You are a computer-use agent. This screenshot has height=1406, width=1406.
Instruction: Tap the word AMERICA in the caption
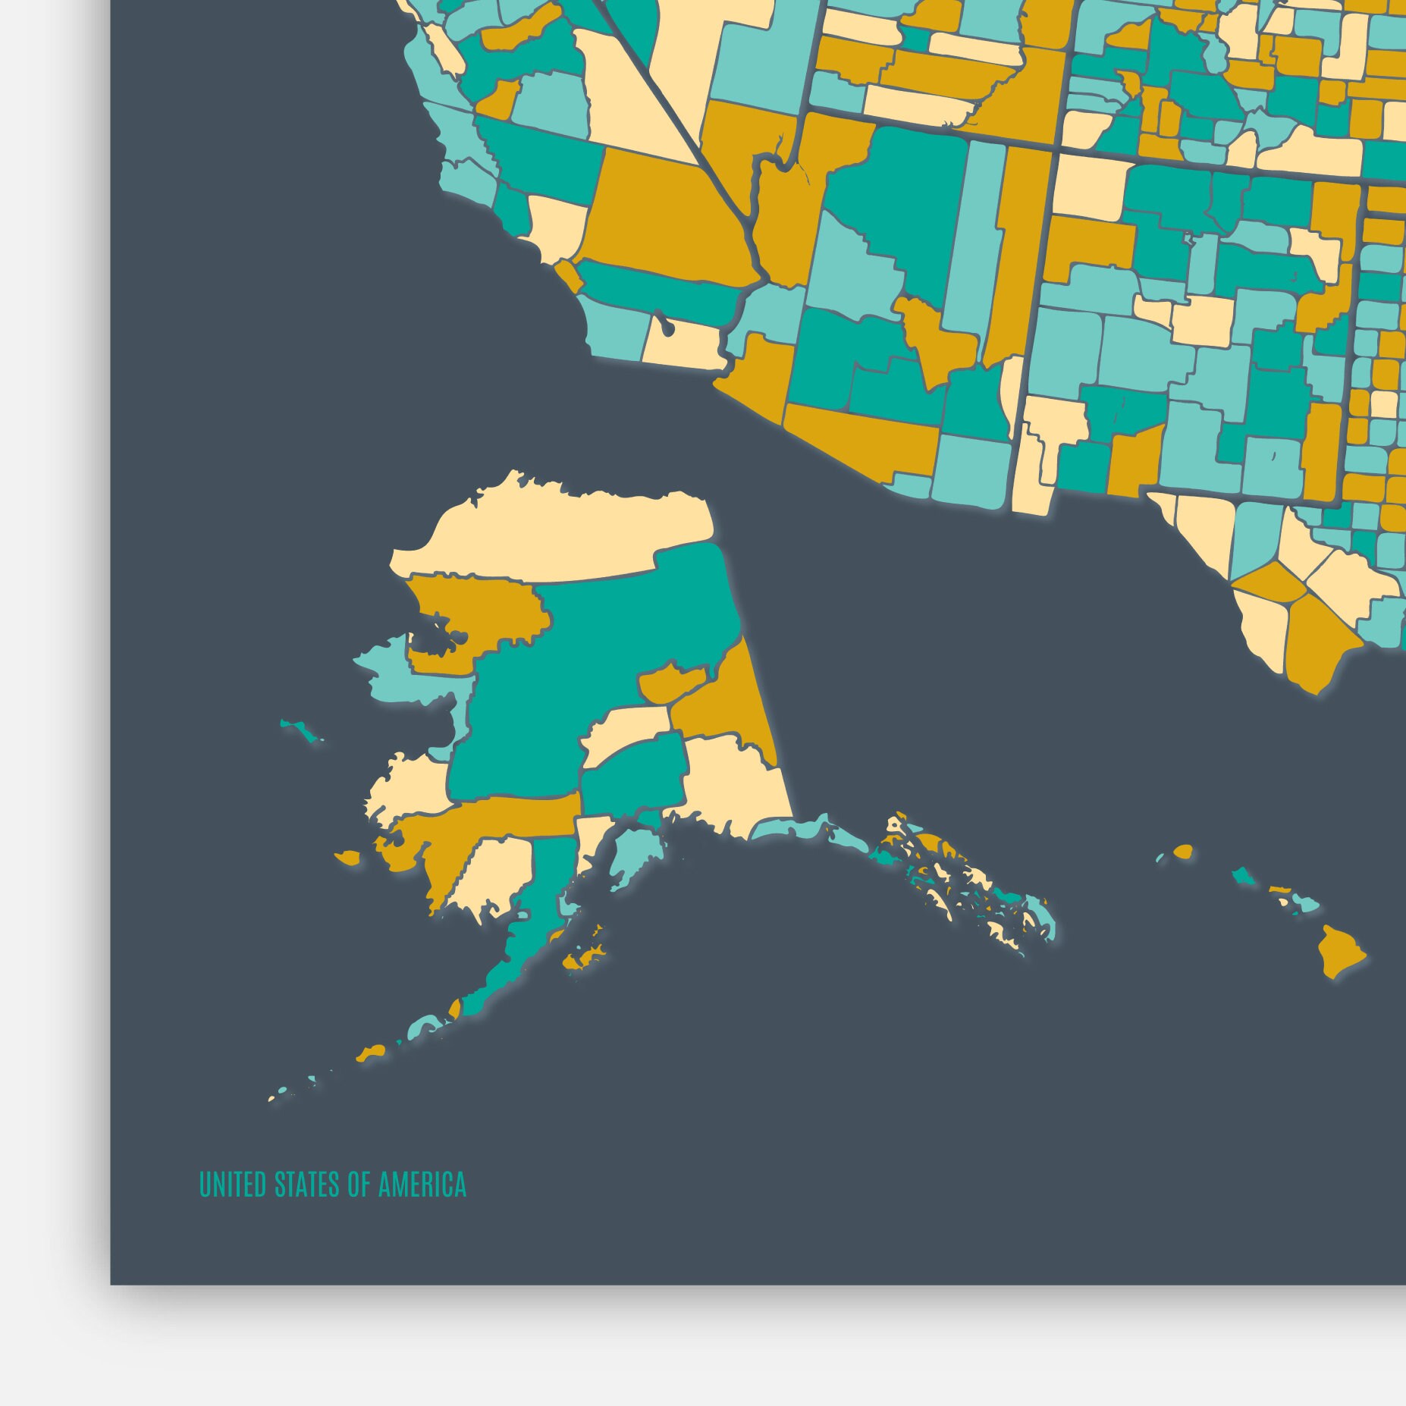[x=422, y=1184]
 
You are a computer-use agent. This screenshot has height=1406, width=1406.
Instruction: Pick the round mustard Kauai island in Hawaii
[x=1183, y=852]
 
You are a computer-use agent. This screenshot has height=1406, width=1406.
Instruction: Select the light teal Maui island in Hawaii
[x=1306, y=903]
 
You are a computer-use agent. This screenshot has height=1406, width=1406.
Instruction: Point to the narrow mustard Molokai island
[x=1280, y=888]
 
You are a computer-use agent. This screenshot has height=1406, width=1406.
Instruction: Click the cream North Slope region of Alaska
[x=546, y=531]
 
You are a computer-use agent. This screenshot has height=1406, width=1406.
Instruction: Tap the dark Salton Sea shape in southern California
[x=666, y=327]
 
